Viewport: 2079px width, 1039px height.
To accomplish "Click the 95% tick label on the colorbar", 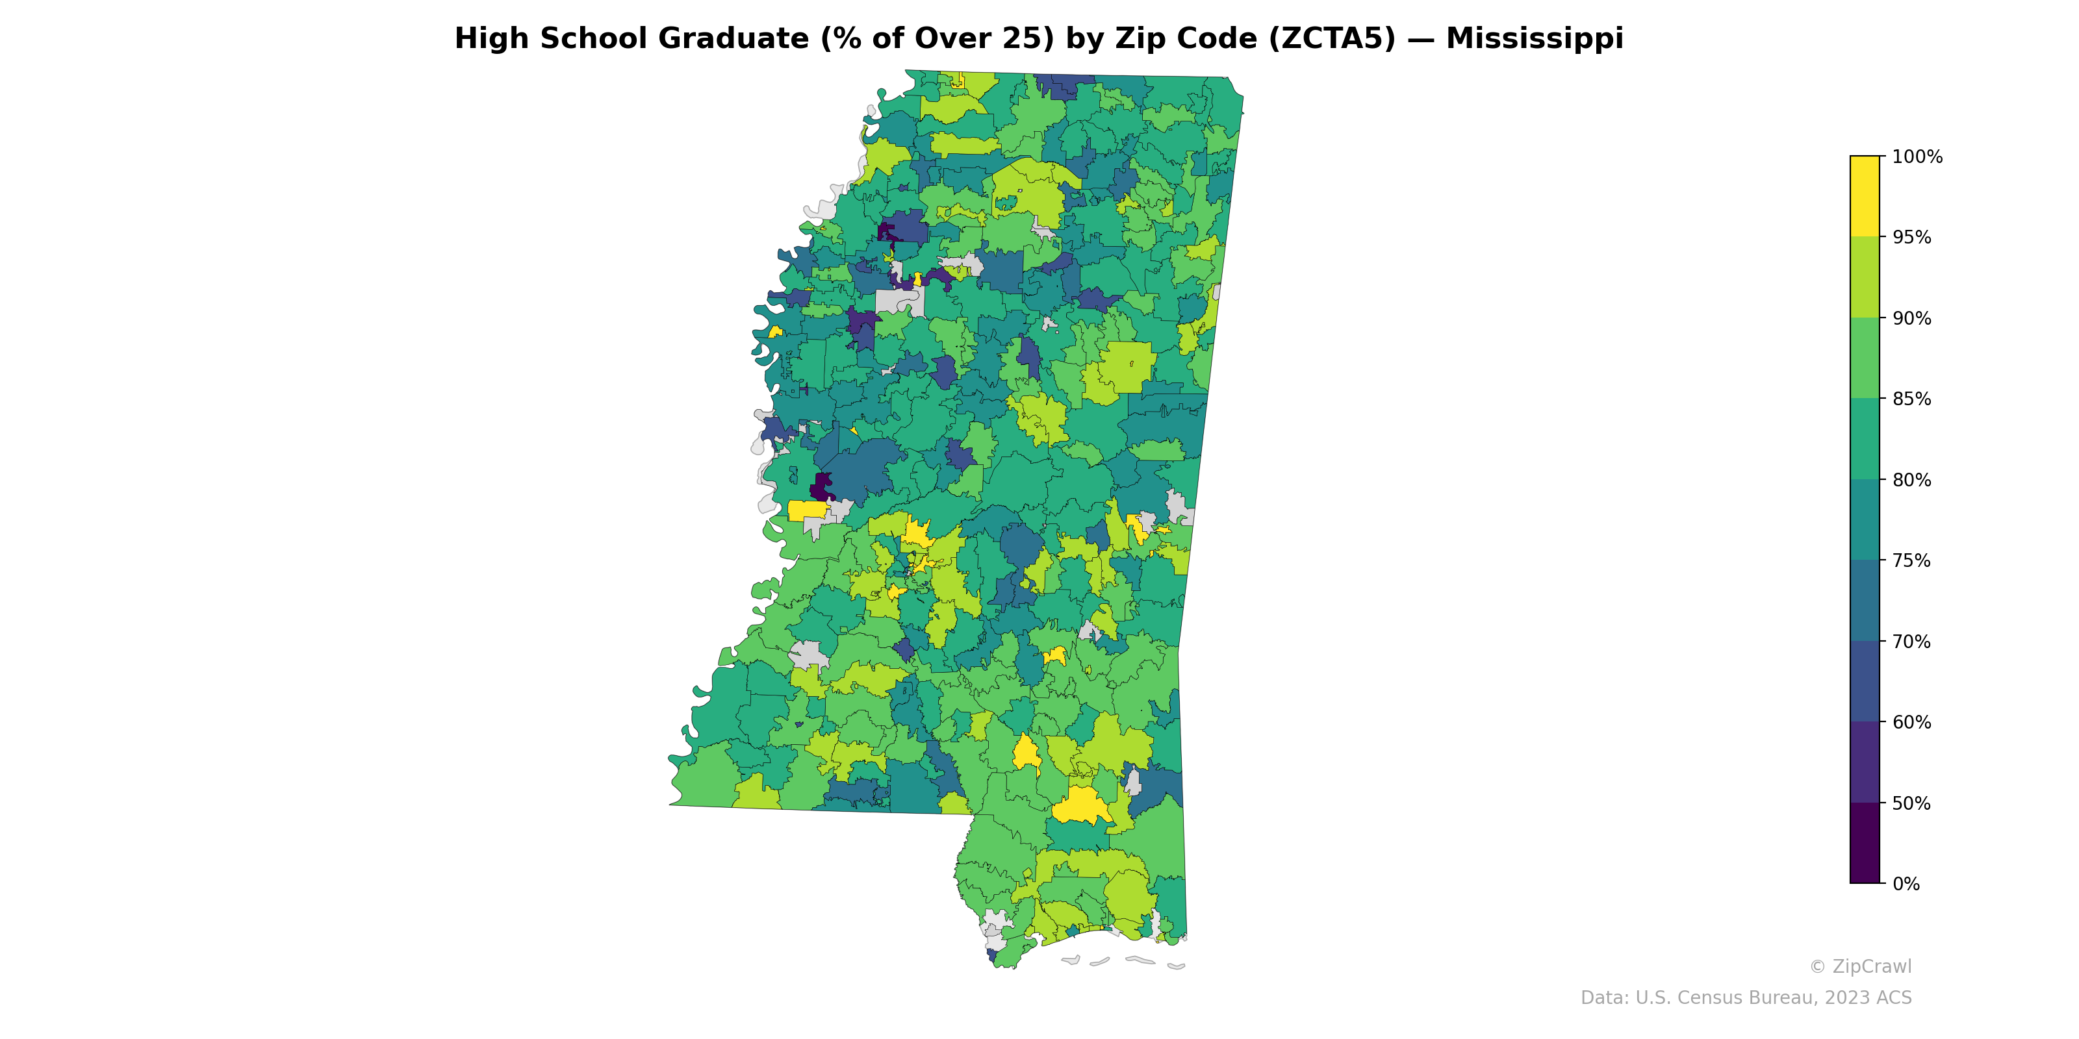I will point(1911,238).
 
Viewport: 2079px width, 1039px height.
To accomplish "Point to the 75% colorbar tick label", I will point(1911,560).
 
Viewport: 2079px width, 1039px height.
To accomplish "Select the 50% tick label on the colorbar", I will point(1911,803).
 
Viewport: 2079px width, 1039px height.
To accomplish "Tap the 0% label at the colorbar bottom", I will point(1906,884).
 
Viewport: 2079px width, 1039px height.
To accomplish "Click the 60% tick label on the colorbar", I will point(1911,723).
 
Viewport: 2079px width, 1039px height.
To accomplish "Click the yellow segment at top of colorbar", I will point(1865,196).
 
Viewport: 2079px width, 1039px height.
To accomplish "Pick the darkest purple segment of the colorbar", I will point(1865,843).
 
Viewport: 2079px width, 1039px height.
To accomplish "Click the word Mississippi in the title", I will point(1534,39).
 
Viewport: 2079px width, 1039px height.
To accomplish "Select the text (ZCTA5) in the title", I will point(1332,39).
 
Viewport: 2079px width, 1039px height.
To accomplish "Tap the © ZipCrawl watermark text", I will point(1860,966).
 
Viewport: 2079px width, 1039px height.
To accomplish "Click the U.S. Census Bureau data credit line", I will point(1746,998).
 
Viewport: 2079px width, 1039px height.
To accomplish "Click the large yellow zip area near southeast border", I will point(1080,806).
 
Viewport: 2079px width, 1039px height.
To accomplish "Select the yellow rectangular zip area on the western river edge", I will point(806,510).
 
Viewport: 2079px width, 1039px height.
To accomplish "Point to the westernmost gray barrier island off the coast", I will point(1071,960).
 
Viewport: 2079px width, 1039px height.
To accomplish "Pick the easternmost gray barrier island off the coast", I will point(1176,966).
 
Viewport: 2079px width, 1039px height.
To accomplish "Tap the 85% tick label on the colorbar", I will point(1911,399).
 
